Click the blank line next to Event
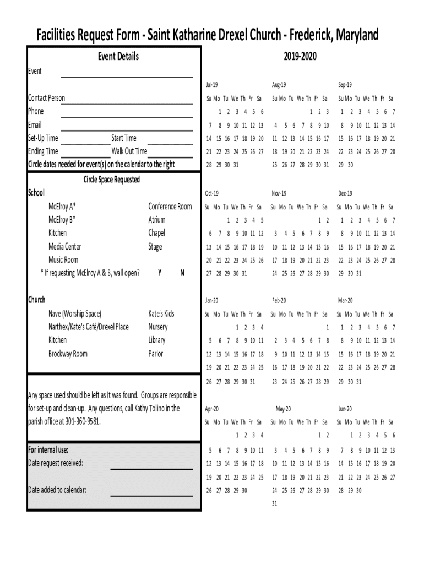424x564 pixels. [127, 76]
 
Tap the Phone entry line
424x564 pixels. [127, 116]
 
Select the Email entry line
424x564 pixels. [127, 129]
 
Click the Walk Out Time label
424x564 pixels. [129, 151]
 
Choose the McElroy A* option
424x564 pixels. [62, 207]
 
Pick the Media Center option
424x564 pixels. [64, 247]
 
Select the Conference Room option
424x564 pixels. [170, 207]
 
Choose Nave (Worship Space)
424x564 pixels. [74, 313]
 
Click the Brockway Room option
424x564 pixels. [68, 354]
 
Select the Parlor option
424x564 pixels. [156, 354]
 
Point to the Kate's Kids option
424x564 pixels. [161, 313]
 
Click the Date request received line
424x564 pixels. [151, 468]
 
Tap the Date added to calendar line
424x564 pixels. [151, 495]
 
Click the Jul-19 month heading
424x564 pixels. [212, 85]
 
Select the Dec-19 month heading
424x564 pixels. [345, 193]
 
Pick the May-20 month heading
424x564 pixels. [283, 409]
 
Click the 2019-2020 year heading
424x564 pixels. [301, 57]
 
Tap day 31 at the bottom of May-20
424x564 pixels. [275, 503]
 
